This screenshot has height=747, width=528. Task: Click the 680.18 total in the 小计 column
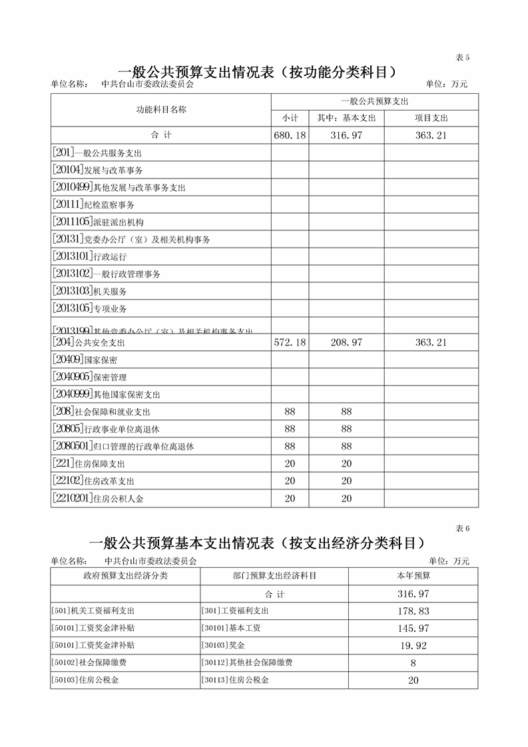(x=290, y=136)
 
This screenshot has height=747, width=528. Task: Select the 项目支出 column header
(x=431, y=119)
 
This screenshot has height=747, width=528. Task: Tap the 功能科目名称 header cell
(x=160, y=110)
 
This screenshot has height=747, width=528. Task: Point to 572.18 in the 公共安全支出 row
(x=290, y=343)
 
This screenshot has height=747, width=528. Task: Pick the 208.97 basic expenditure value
(x=346, y=343)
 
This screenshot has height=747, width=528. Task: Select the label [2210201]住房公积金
(x=97, y=498)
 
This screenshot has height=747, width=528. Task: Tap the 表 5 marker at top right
(x=462, y=58)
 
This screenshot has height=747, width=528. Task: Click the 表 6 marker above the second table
(x=462, y=529)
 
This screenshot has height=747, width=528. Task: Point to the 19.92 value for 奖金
(x=413, y=646)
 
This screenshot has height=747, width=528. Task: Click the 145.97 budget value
(x=413, y=628)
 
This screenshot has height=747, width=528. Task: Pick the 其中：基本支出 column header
(x=346, y=119)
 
